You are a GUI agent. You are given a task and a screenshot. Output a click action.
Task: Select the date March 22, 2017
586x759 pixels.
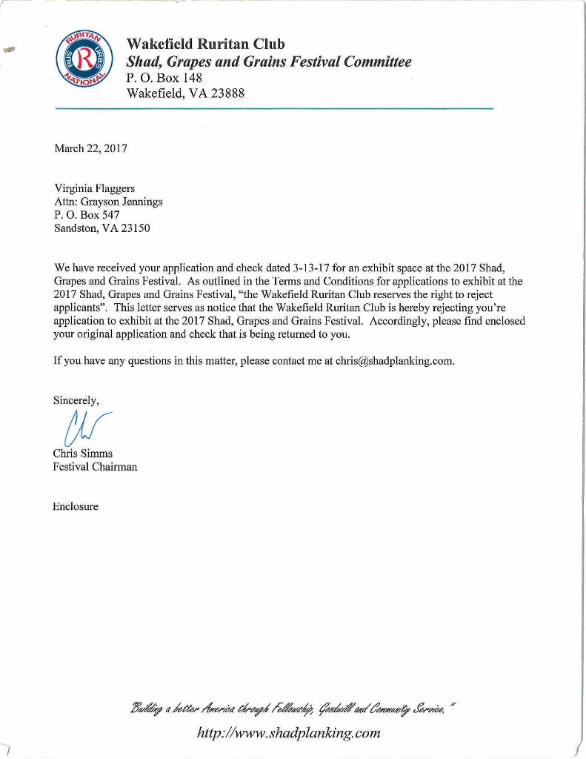tap(91, 148)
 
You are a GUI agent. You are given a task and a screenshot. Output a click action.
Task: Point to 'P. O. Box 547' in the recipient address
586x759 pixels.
tap(82, 215)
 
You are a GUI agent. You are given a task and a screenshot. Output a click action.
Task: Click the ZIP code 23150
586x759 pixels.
tap(135, 228)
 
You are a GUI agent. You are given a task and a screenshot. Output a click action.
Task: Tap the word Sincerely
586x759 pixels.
tap(76, 400)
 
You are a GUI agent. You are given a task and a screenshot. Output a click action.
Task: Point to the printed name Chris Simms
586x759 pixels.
tap(82, 454)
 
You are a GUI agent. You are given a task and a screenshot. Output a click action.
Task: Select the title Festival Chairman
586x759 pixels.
tap(95, 467)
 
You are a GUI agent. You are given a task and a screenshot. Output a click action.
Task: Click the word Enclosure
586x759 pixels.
tap(76, 507)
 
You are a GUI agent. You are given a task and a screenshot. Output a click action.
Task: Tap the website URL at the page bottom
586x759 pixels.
tap(289, 733)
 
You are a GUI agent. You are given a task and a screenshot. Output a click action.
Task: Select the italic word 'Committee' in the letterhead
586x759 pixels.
tap(373, 62)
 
